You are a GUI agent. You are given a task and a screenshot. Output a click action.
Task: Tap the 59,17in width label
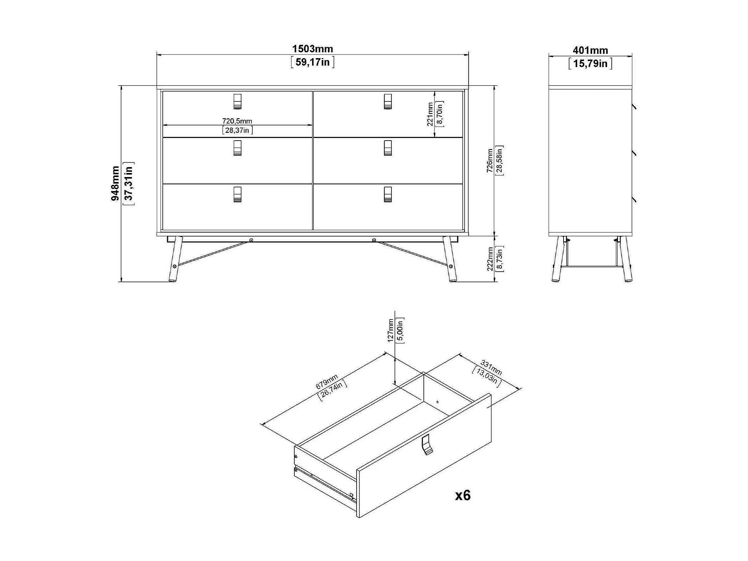[x=312, y=62]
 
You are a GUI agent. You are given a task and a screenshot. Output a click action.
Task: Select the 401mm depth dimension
[x=590, y=50]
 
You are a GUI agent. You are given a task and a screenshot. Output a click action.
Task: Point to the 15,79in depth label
[x=590, y=63]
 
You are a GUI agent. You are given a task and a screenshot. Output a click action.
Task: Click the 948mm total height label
[x=115, y=183]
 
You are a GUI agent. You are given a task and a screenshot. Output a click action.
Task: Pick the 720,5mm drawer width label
[x=237, y=121]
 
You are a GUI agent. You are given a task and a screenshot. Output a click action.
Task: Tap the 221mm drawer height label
[x=430, y=114]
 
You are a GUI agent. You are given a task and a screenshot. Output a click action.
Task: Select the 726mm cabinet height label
[x=490, y=161]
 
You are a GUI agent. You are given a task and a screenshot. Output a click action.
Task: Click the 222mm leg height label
[x=490, y=259]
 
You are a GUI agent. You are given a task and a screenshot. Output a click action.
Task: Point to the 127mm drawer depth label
[x=390, y=330]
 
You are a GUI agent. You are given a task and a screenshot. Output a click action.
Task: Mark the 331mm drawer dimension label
[x=491, y=368]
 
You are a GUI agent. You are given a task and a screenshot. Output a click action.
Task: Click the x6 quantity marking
[x=463, y=496]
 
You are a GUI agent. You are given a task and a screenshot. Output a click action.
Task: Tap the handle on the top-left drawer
[x=238, y=101]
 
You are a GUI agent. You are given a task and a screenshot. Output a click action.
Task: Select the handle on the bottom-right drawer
[x=388, y=194]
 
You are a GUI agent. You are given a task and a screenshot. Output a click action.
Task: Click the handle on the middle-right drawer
[x=388, y=148]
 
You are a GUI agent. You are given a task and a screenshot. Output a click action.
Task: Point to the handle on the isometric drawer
[x=427, y=445]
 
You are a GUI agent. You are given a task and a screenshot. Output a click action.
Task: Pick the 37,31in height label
[x=129, y=183]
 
